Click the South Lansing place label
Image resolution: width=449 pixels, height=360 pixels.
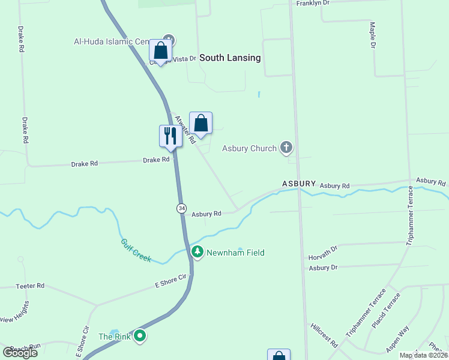[230, 58]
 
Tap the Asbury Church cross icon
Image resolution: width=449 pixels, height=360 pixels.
[286, 148]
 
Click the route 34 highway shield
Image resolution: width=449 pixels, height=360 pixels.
[181, 208]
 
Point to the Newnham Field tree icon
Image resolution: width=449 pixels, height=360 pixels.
[197, 253]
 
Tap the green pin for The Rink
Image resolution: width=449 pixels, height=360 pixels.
[140, 336]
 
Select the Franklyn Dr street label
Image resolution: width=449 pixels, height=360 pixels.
[313, 3]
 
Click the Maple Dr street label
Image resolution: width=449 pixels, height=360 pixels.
[373, 35]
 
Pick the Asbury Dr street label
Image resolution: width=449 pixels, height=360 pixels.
[324, 268]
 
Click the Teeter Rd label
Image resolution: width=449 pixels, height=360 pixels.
[32, 286]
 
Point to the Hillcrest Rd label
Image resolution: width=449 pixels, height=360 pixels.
[324, 335]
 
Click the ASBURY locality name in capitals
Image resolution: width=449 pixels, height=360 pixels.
[299, 183]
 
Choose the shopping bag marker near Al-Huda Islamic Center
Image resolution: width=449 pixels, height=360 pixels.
[160, 52]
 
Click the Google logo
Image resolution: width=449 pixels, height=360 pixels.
[20, 352]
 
